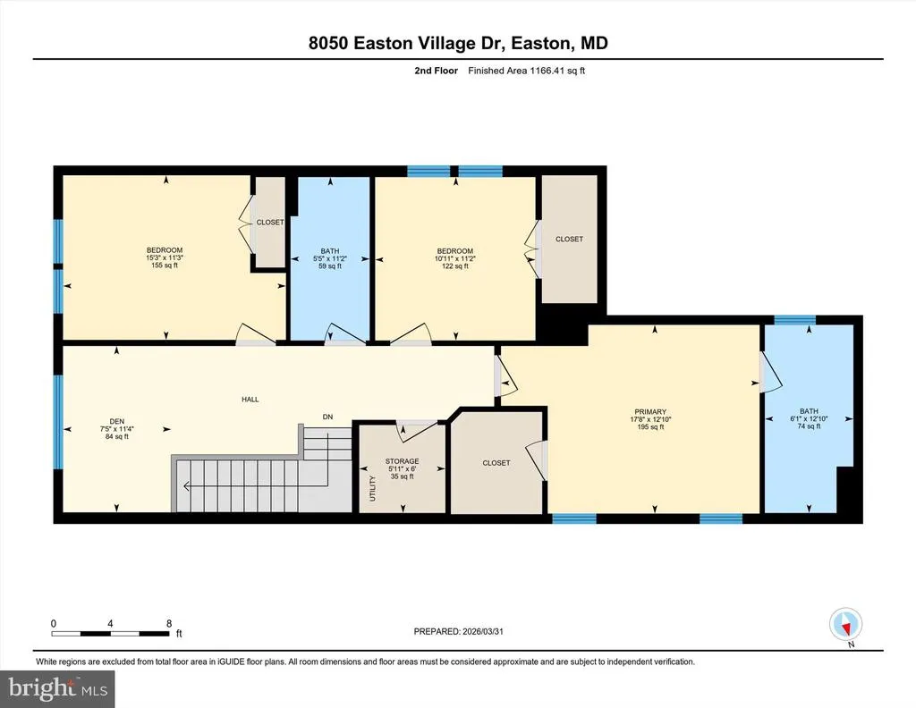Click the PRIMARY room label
pyautogui.click(x=650, y=412)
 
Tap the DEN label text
pyautogui.click(x=117, y=421)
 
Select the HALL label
pyautogui.click(x=250, y=400)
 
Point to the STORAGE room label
pyautogui.click(x=402, y=461)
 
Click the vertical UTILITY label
pyautogui.click(x=373, y=488)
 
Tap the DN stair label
pyautogui.click(x=327, y=417)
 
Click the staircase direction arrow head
pyautogui.click(x=186, y=485)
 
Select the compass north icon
pyautogui.click(x=846, y=625)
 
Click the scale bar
pyautogui.click(x=110, y=633)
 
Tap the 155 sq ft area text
pyautogui.click(x=165, y=265)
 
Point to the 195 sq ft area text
pyautogui.click(x=650, y=427)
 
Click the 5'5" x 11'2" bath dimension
pyautogui.click(x=330, y=258)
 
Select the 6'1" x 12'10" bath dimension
pyautogui.click(x=809, y=418)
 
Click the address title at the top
pyautogui.click(x=458, y=43)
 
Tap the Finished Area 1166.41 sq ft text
pyautogui.click(x=526, y=71)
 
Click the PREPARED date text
pyautogui.click(x=459, y=631)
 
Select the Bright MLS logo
pyautogui.click(x=57, y=688)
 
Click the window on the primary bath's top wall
pyautogui.click(x=794, y=319)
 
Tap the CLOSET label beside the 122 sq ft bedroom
pyautogui.click(x=570, y=239)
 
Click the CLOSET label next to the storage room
pyautogui.click(x=496, y=463)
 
